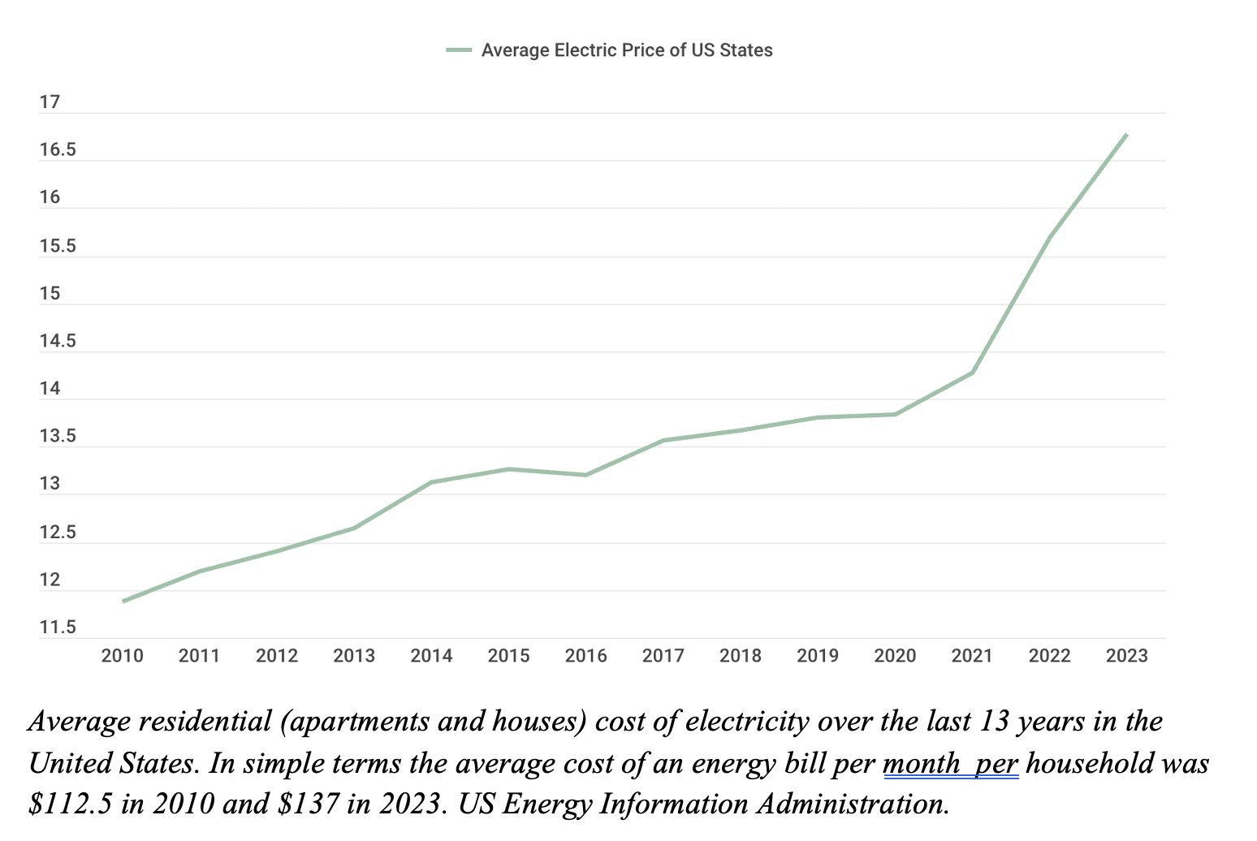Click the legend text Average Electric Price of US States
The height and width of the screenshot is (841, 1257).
[626, 50]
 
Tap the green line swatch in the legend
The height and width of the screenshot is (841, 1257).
[459, 50]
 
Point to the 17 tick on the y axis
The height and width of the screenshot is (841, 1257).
[50, 102]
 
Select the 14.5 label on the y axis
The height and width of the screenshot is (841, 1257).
[57, 341]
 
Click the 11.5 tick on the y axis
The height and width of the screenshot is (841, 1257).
[57, 628]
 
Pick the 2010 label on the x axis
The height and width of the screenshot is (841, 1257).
[122, 656]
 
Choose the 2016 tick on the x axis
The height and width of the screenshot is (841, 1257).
[585, 656]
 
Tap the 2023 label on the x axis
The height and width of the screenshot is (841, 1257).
[1126, 656]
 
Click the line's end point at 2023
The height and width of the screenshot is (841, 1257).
[1126, 135]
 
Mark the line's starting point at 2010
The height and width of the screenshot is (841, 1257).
[123, 601]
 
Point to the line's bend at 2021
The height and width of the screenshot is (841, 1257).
[972, 373]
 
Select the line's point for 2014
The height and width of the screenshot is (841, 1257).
[431, 482]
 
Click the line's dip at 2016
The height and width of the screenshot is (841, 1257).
[585, 475]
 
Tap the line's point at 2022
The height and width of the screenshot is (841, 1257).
[1049, 237]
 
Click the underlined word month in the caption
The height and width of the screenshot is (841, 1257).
[921, 764]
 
